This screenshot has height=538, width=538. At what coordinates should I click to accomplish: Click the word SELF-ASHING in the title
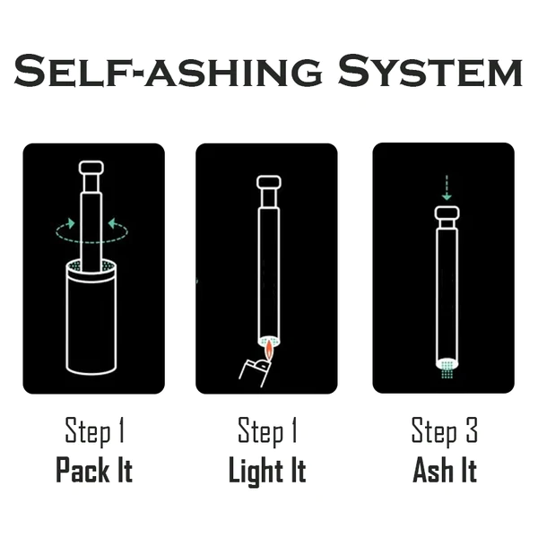168,70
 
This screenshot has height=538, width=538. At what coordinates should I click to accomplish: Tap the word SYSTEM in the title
430,70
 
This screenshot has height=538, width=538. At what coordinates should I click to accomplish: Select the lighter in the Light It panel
255,372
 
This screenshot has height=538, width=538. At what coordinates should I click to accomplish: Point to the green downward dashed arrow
447,187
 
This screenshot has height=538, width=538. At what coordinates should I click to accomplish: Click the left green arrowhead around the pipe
71,223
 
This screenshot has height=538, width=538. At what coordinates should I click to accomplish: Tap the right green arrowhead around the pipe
113,223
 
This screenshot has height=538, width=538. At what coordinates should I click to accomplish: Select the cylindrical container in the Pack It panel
91,317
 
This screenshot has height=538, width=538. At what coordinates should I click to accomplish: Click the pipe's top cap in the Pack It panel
91,168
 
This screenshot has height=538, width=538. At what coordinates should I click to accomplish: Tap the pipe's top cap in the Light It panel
269,182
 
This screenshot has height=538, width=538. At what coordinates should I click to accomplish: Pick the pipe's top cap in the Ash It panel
447,213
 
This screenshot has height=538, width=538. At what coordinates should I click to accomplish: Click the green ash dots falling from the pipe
447,369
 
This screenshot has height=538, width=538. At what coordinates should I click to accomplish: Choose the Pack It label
94,470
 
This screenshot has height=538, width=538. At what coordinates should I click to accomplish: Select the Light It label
267,472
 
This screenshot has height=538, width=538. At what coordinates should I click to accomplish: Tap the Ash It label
445,470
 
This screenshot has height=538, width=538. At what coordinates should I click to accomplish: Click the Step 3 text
445,431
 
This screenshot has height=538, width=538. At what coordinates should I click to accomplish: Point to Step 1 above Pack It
94,431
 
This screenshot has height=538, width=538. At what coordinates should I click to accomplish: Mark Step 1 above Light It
267,431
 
